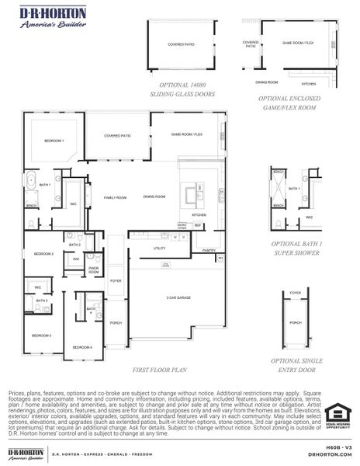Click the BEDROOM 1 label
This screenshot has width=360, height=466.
[x=54, y=141]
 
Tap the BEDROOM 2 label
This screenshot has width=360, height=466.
[x=43, y=254]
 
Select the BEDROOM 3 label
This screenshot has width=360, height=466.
[x=41, y=335]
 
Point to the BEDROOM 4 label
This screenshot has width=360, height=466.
[x=83, y=346]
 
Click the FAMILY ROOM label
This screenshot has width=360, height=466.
[x=116, y=197]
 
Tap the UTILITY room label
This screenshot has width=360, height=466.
[x=160, y=249]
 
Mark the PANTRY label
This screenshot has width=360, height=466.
[x=209, y=250]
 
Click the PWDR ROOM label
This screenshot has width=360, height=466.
[x=93, y=270]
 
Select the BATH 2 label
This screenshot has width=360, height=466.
[x=74, y=245]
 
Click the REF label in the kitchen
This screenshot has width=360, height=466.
[x=198, y=225]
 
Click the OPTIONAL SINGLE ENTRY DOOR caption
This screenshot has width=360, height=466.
[x=295, y=365]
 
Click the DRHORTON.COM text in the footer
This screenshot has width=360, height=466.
[x=330, y=454]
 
